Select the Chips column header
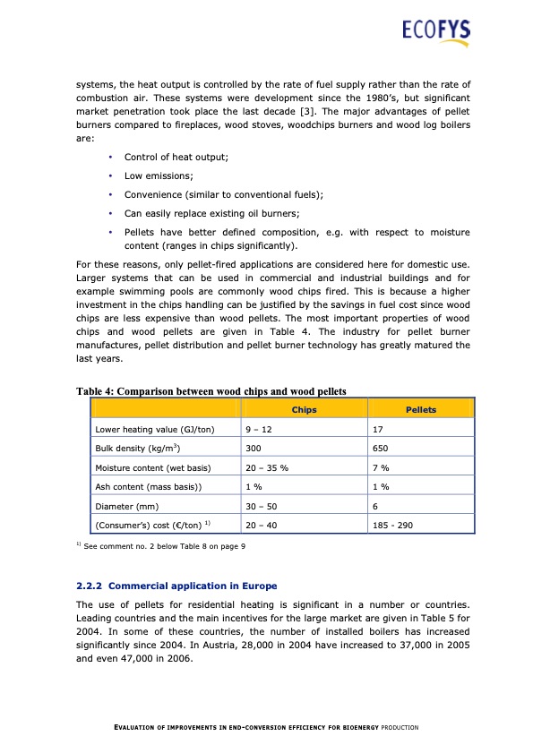point(304,409)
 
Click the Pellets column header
point(421,409)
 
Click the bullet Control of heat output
point(176,157)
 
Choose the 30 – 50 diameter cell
point(260,506)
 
